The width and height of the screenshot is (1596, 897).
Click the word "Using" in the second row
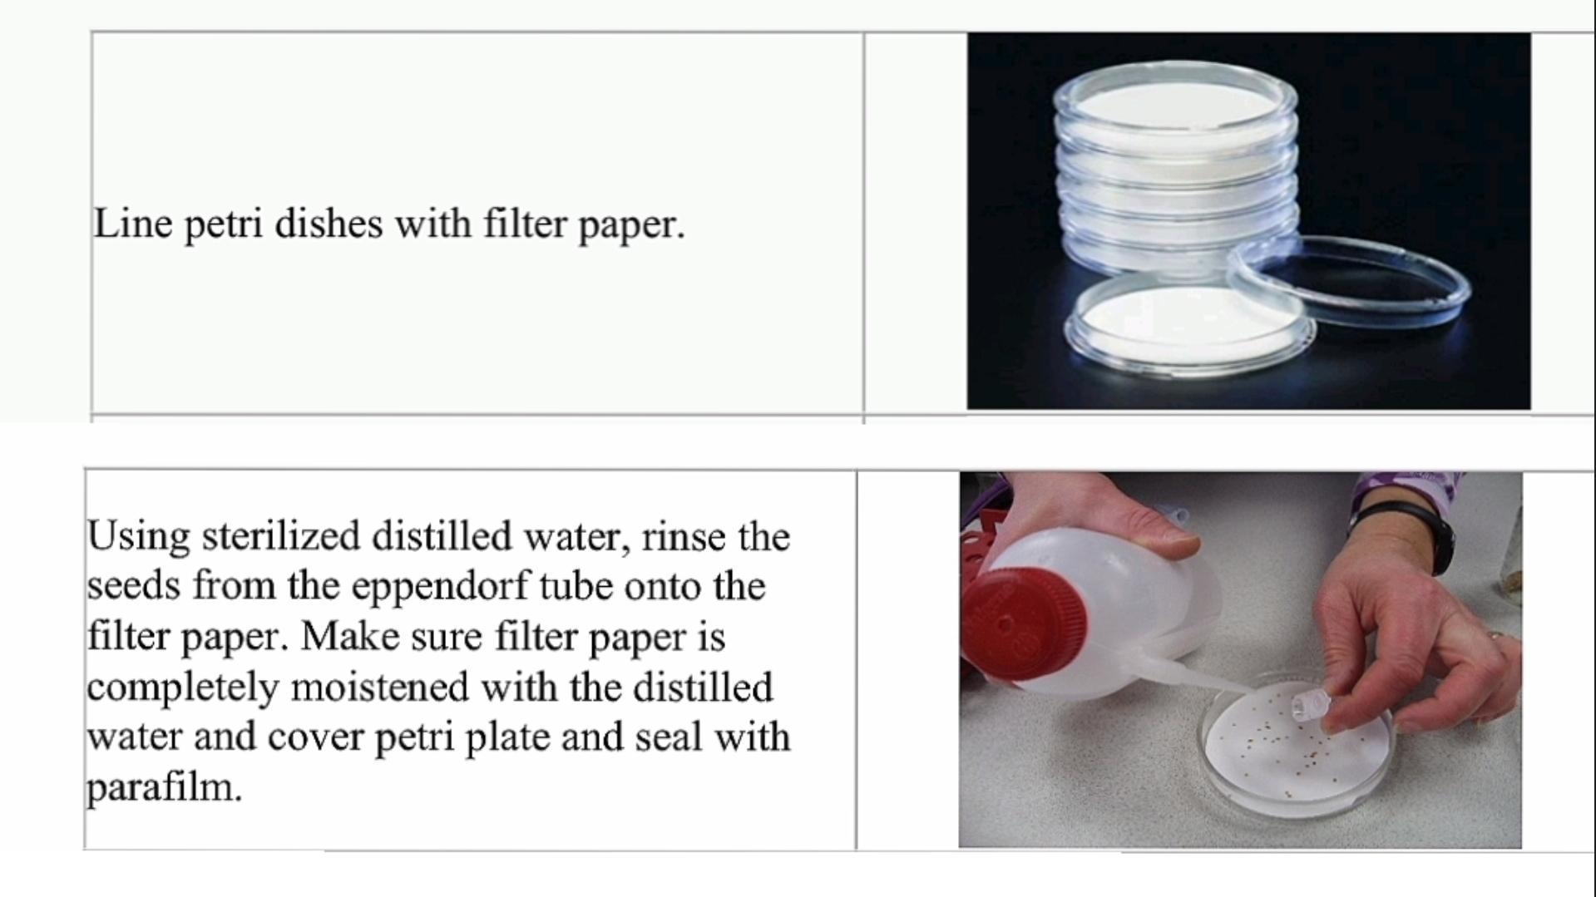pos(138,537)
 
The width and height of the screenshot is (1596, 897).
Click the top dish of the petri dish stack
pos(1174,104)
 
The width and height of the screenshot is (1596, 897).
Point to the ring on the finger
pos(1495,636)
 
